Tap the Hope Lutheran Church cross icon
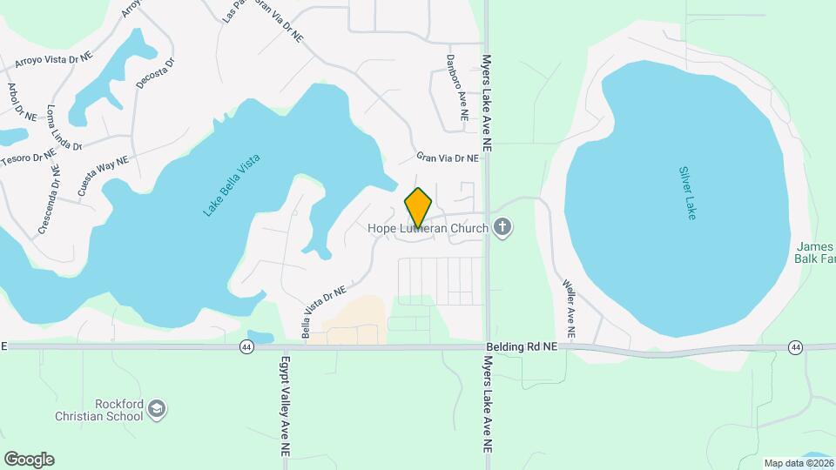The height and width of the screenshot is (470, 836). [x=502, y=228]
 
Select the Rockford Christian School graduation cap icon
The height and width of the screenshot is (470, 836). [x=157, y=408]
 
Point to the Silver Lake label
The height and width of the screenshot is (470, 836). [x=688, y=193]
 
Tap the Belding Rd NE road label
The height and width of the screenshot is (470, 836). [x=521, y=346]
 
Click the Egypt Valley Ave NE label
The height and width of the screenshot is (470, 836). [x=284, y=406]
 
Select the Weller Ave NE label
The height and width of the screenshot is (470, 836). [x=570, y=308]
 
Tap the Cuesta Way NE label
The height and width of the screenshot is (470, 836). [x=102, y=173]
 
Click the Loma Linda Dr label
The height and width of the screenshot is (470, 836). [x=65, y=128]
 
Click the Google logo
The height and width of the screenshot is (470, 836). [x=29, y=460]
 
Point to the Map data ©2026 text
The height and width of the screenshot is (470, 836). [x=798, y=463]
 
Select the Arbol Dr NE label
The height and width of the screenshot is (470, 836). [x=21, y=102]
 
